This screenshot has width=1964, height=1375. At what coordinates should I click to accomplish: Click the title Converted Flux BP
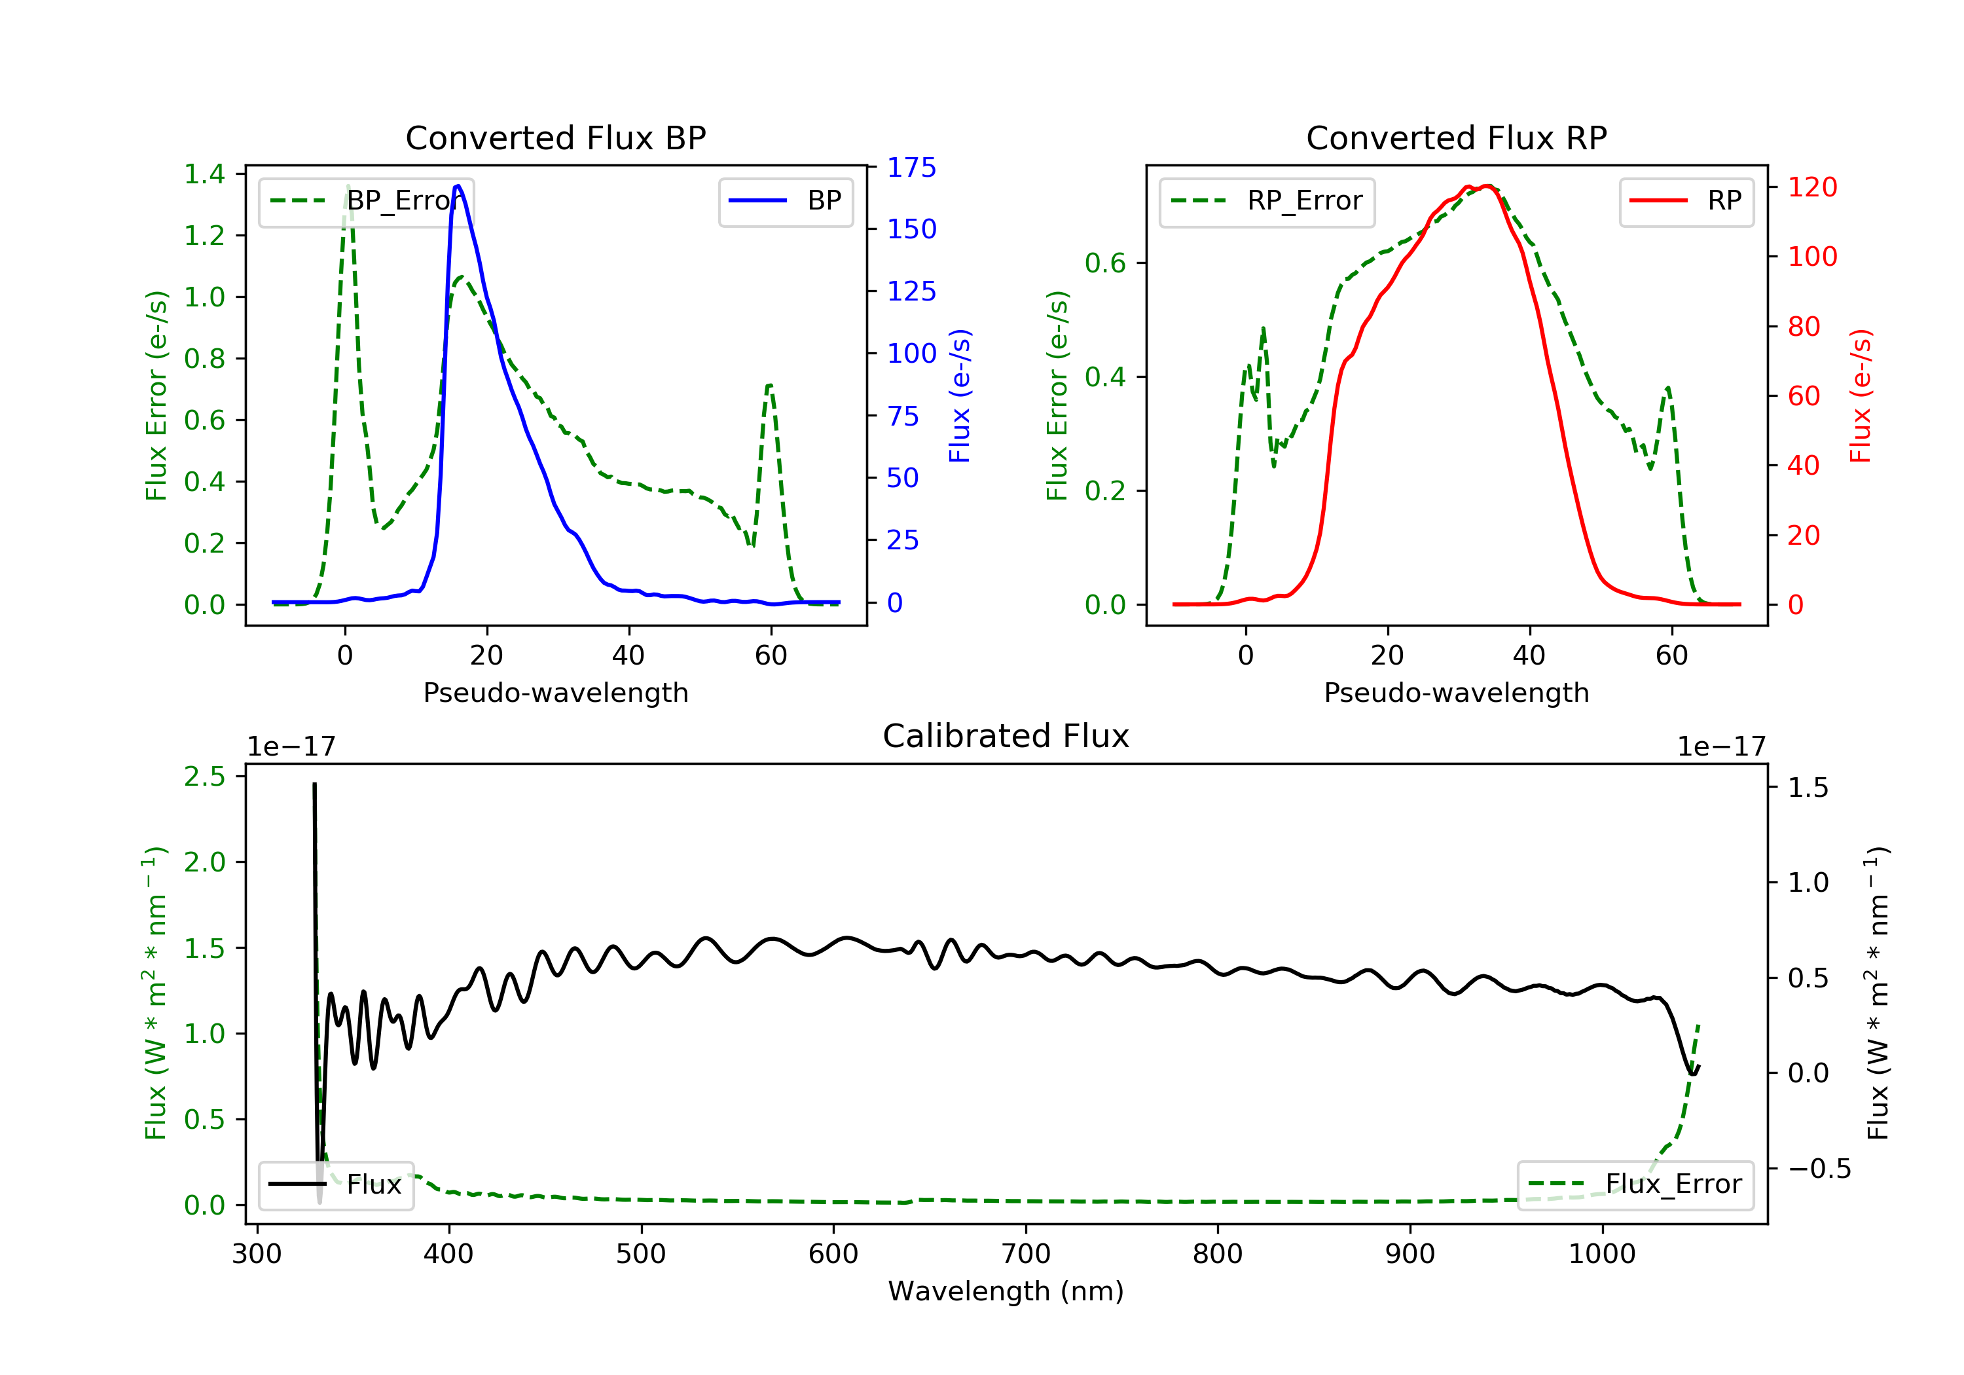pyautogui.click(x=556, y=137)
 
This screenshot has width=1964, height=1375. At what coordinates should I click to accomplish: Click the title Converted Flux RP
pyautogui.click(x=1457, y=137)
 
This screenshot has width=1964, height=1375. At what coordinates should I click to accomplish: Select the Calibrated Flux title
pyautogui.click(x=1006, y=736)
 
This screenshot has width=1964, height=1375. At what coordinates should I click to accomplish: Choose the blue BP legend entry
pyautogui.click(x=785, y=201)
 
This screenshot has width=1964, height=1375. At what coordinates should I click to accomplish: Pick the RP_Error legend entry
pyautogui.click(x=1267, y=201)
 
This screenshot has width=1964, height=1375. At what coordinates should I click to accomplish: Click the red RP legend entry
pyautogui.click(x=1686, y=201)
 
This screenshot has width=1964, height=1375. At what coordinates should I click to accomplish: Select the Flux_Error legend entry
pyautogui.click(x=1635, y=1184)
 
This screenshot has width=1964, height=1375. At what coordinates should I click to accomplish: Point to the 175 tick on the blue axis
pyautogui.click(x=911, y=168)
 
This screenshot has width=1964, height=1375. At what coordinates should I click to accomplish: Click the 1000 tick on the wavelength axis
pyautogui.click(x=1602, y=1255)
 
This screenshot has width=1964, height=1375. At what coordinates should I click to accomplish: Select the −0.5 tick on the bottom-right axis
pyautogui.click(x=1819, y=1169)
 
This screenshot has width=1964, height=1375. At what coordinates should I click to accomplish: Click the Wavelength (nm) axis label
pyautogui.click(x=1006, y=1291)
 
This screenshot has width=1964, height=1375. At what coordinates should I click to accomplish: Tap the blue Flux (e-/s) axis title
pyautogui.click(x=960, y=396)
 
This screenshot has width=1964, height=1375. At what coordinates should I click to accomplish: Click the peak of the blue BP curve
pyautogui.click(x=458, y=186)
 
